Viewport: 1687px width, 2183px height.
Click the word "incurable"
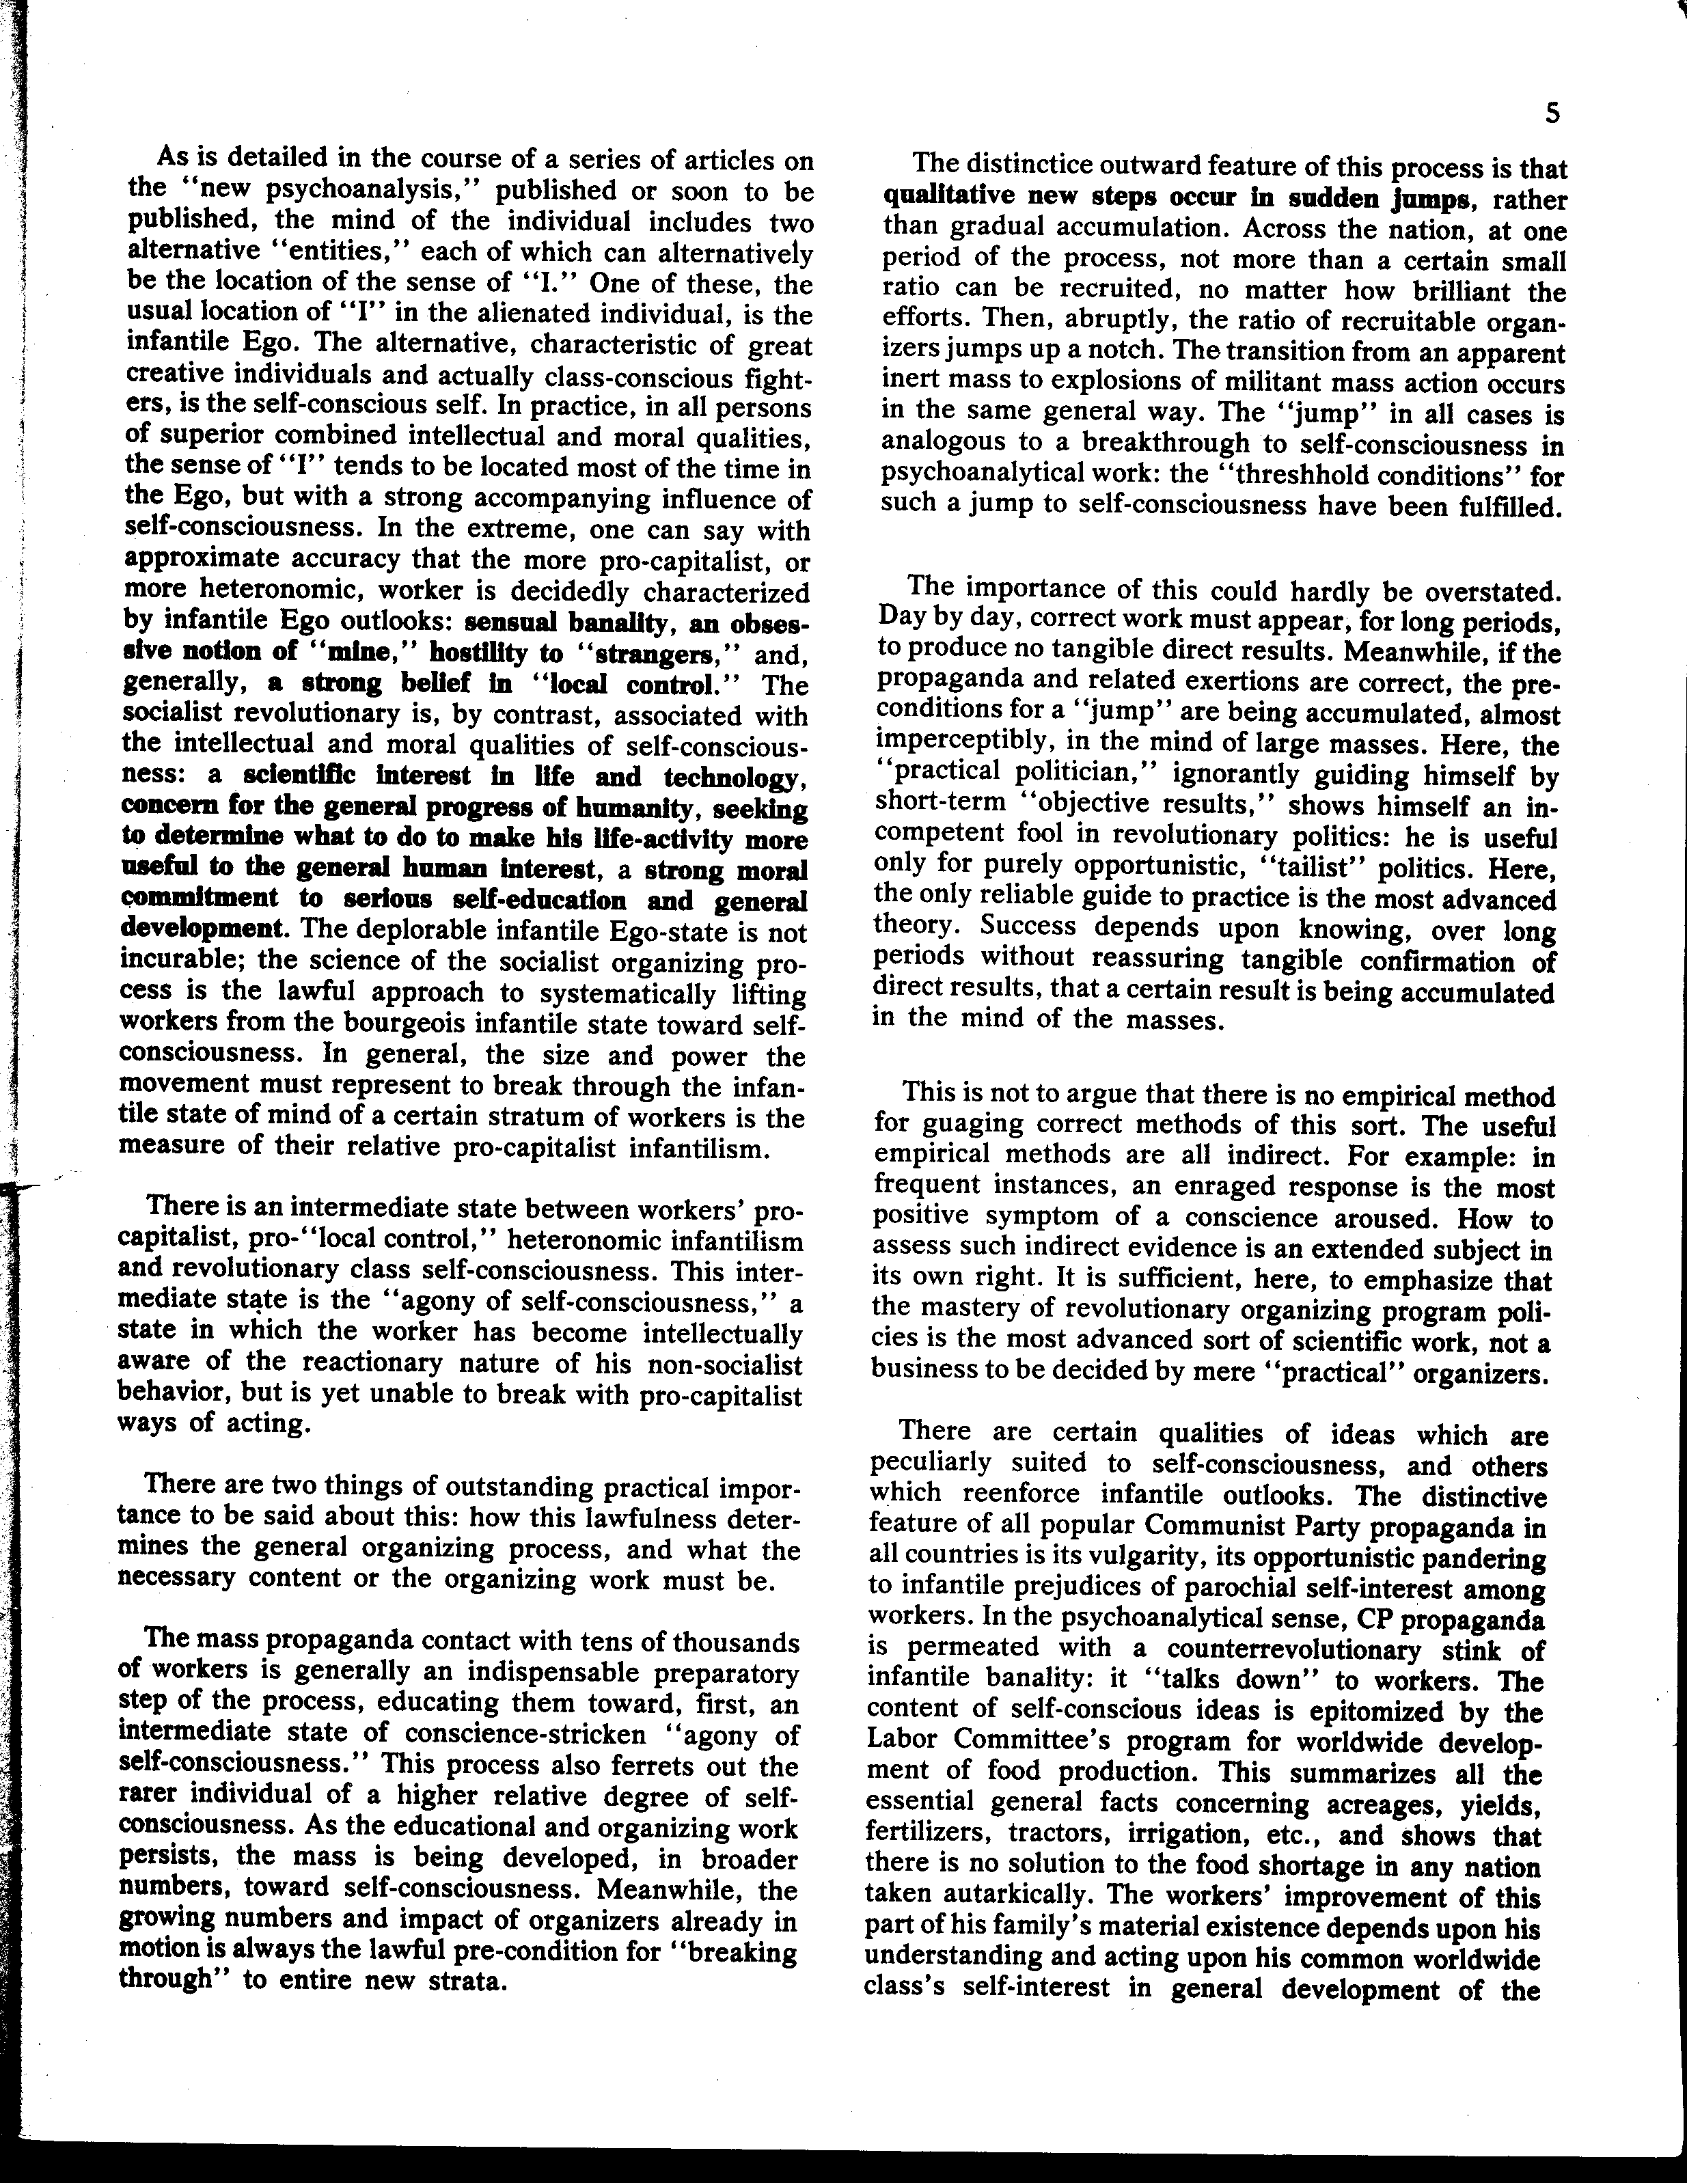(181, 963)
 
